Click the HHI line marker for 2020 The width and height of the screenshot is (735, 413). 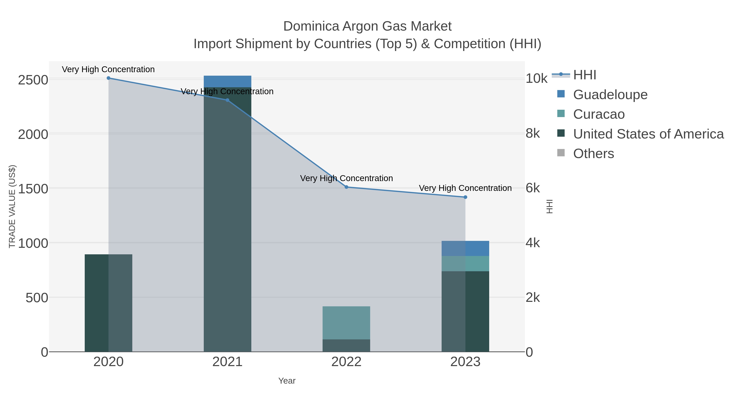pyautogui.click(x=108, y=78)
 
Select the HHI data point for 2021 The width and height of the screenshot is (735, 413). pyautogui.click(x=227, y=100)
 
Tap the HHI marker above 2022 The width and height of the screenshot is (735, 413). pyautogui.click(x=346, y=187)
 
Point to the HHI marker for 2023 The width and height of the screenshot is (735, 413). pyautogui.click(x=465, y=197)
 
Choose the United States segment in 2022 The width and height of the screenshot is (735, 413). pyautogui.click(x=346, y=345)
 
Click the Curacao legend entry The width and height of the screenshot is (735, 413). pyautogui.click(x=599, y=114)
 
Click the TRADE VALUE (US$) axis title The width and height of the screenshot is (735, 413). pyautogui.click(x=12, y=206)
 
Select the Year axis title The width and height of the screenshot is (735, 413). pyautogui.click(x=287, y=381)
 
